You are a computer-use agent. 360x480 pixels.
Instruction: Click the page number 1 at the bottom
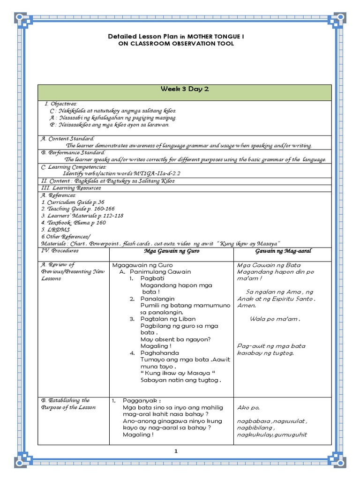pyautogui.click(x=176, y=451)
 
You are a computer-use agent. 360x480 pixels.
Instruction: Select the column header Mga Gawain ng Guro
pyautogui.click(x=171, y=251)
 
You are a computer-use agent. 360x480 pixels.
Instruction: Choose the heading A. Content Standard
pyautogui.click(x=67, y=139)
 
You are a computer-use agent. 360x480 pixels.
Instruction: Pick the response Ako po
pyautogui.click(x=249, y=407)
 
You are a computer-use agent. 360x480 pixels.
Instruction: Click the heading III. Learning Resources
pyautogui.click(x=71, y=188)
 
